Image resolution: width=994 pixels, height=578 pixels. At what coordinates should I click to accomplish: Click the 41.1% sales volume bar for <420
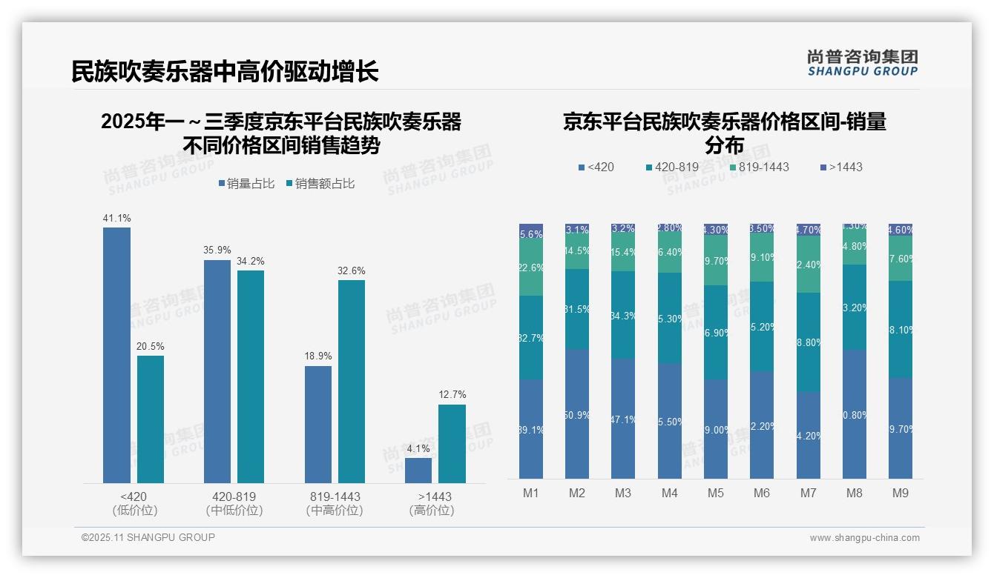tap(116, 355)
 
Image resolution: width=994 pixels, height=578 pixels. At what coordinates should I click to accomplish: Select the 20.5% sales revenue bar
tap(151, 419)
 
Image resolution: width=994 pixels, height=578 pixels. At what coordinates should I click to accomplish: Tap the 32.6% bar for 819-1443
tap(352, 381)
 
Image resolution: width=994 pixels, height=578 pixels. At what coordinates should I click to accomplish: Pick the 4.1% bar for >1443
tap(418, 471)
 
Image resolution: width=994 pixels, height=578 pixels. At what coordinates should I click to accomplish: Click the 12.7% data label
tap(452, 395)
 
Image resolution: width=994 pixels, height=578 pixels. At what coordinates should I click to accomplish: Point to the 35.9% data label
tap(217, 250)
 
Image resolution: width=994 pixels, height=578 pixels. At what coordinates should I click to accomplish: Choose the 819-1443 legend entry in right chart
tap(759, 167)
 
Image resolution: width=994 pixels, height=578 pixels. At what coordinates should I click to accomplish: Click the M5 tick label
tap(715, 494)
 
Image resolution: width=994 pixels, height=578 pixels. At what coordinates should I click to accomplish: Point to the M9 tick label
tap(900, 494)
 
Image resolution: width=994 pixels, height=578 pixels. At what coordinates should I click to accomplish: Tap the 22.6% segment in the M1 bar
tap(531, 268)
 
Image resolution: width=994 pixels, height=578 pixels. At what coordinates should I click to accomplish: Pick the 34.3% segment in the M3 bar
tap(623, 315)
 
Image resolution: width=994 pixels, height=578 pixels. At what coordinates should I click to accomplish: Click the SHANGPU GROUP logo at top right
tap(863, 63)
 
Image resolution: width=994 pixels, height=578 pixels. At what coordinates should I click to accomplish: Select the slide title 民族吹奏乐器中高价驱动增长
tap(225, 72)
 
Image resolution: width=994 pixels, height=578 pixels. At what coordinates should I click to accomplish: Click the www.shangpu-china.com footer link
tap(864, 538)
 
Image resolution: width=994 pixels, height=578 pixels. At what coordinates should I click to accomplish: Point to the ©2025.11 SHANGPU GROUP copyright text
tap(148, 538)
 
